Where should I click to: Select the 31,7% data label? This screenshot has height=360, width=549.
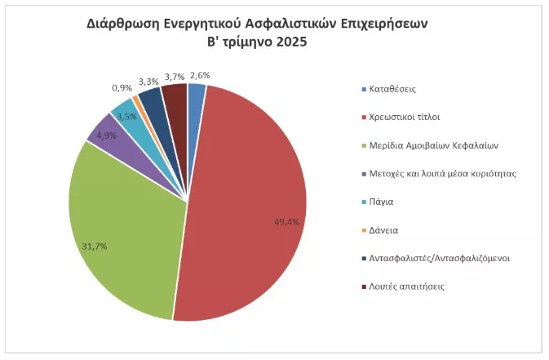click(95, 246)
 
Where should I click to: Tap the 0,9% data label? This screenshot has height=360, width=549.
click(122, 87)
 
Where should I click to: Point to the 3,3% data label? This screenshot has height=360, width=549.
click(148, 82)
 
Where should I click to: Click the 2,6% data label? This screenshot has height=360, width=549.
click(199, 76)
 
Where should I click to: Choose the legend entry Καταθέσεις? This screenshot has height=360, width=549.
click(394, 88)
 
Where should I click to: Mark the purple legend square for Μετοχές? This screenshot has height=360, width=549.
click(363, 174)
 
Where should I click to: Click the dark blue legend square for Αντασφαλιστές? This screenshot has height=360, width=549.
click(363, 259)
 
